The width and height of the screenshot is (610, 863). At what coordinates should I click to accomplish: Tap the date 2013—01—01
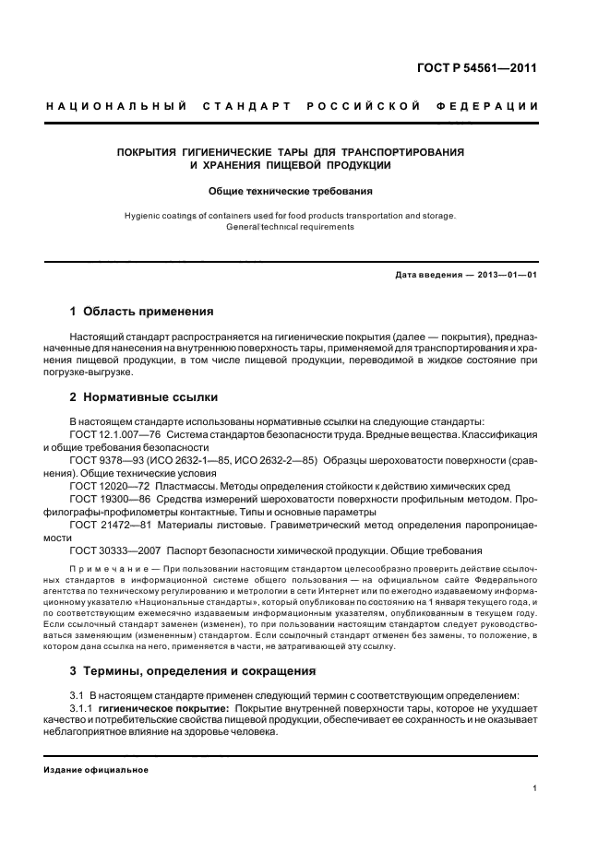click(506, 276)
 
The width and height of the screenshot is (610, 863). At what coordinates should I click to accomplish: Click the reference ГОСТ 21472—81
click(111, 524)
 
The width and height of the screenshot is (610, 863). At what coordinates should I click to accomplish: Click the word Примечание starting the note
click(100, 569)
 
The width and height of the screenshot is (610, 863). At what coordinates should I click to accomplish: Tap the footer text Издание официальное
click(96, 769)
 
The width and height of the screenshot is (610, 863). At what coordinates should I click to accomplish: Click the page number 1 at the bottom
click(535, 788)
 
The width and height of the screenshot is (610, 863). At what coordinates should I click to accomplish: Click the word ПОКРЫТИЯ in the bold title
click(150, 150)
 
